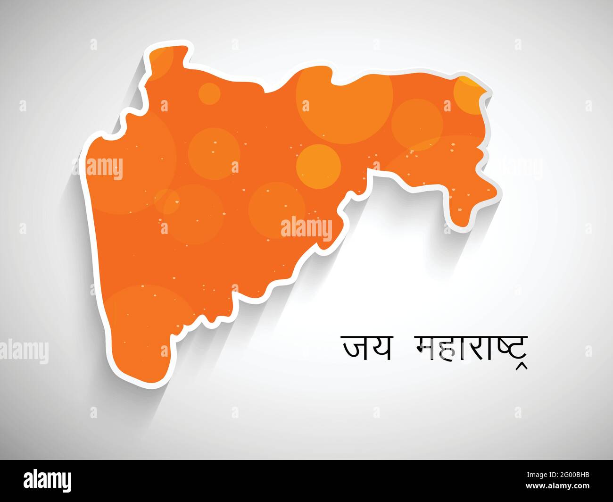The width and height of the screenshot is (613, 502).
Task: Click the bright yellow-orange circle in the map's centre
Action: (x=318, y=167)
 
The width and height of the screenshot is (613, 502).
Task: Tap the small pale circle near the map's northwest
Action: (x=209, y=93)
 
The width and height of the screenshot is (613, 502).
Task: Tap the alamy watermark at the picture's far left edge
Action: (x=24, y=351)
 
